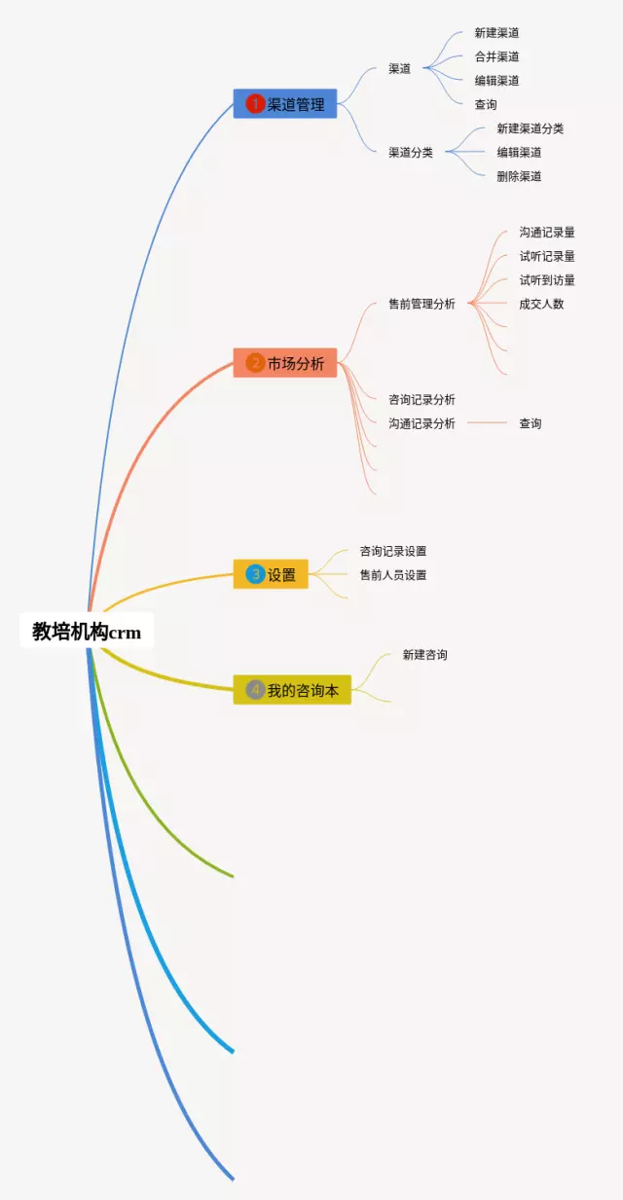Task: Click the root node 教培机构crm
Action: [x=87, y=632]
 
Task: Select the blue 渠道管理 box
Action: [x=284, y=104]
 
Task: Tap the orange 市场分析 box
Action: [x=284, y=363]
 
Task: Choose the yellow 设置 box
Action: [x=271, y=574]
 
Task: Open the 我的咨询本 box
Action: [x=291, y=690]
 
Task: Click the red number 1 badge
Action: [x=255, y=104]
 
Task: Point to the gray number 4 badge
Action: [x=255, y=690]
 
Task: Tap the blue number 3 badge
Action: [x=255, y=574]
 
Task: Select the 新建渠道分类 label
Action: [x=530, y=128]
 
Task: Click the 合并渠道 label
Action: [x=496, y=56]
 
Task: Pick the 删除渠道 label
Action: [x=519, y=176]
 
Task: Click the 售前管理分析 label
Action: [x=421, y=304]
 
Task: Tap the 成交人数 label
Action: [x=541, y=304]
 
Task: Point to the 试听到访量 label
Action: [x=547, y=280]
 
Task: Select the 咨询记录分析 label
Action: [x=421, y=399]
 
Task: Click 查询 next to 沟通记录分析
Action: [x=530, y=423]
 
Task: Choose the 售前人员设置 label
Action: [x=393, y=575]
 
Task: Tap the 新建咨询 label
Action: [x=425, y=655]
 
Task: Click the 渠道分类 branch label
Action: [x=411, y=152]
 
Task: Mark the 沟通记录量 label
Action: [x=547, y=233]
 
